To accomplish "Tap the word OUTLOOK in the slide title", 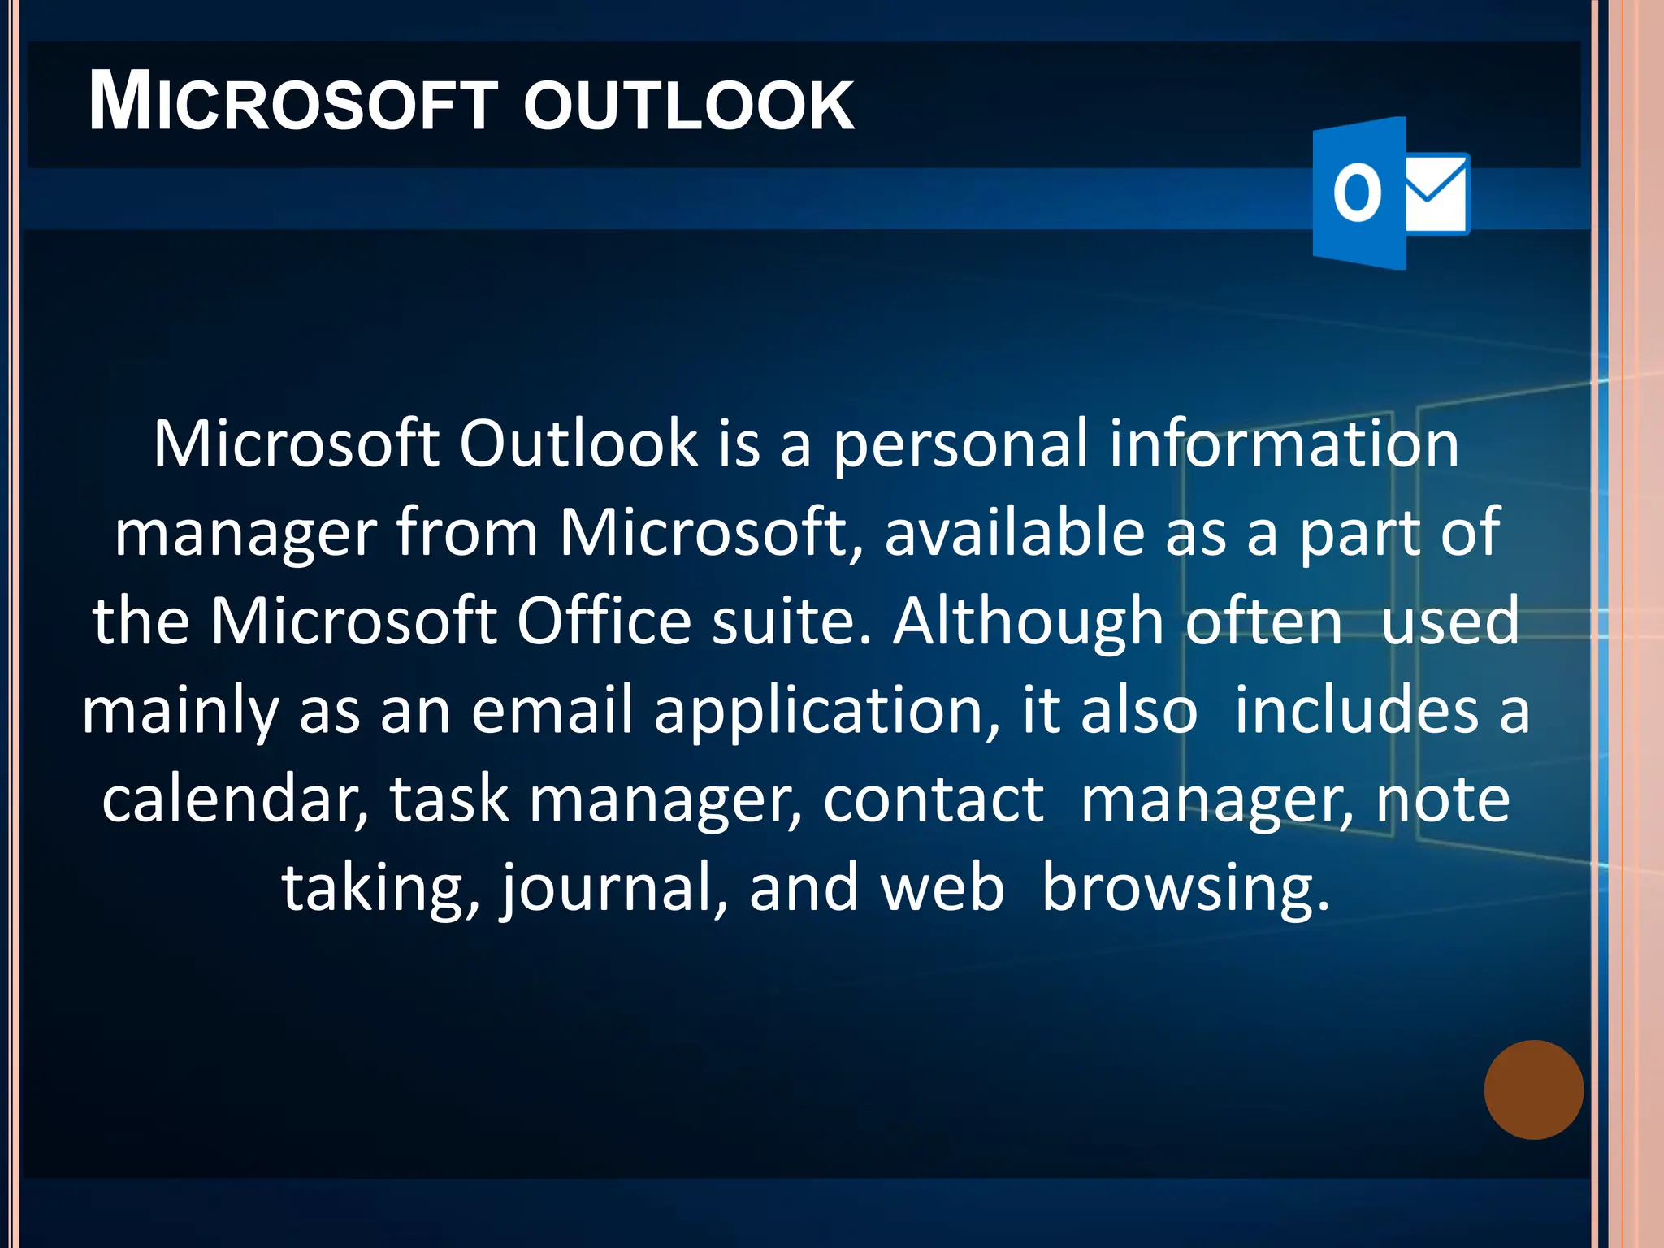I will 689,106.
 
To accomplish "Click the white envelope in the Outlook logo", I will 1436,193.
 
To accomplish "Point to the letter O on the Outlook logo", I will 1357,193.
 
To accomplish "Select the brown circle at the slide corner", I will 1533,1090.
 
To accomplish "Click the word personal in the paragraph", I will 960,444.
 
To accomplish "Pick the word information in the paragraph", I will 1284,444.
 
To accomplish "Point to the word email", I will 552,710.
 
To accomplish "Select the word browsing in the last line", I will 1185,889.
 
